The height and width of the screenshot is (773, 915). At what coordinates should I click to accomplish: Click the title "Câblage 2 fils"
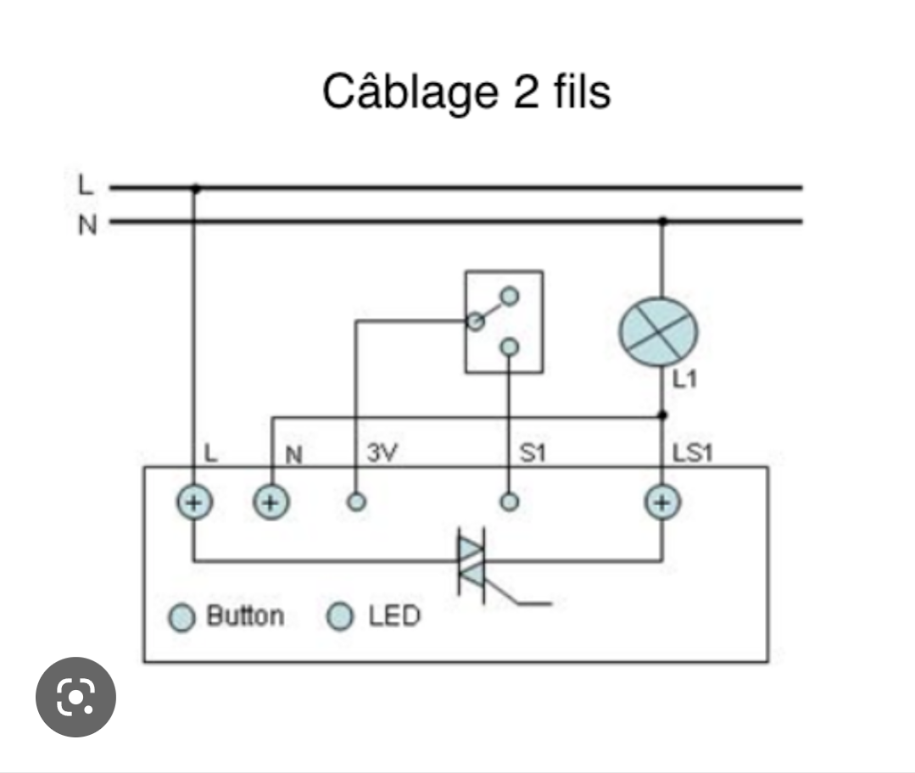466,91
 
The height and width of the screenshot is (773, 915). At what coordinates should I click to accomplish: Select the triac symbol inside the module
472,564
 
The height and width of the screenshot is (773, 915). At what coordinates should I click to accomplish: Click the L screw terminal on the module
193,503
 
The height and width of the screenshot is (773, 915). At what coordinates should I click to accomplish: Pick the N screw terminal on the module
271,503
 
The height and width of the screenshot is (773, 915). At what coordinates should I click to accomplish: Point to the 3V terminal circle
357,502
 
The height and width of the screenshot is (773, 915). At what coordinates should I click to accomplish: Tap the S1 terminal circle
509,502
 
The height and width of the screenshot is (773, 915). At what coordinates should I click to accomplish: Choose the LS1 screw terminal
662,503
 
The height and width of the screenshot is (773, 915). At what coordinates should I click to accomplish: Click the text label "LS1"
692,453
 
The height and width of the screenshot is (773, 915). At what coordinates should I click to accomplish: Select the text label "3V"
382,453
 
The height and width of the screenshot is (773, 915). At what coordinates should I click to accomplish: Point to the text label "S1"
532,453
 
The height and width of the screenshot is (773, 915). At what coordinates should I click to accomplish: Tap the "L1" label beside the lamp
684,379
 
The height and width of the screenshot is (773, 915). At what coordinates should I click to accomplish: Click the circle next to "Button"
181,618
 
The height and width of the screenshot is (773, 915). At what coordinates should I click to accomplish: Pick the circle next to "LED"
341,616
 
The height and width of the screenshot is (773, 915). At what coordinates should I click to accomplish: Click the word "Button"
245,616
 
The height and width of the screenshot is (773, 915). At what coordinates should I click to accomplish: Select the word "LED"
394,616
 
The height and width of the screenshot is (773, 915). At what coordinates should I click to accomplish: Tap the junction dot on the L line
195,187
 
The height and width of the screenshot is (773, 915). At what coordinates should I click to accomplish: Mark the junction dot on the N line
662,222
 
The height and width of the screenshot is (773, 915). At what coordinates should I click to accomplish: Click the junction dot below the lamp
662,415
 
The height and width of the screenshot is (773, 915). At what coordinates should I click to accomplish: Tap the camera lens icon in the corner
75,697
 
